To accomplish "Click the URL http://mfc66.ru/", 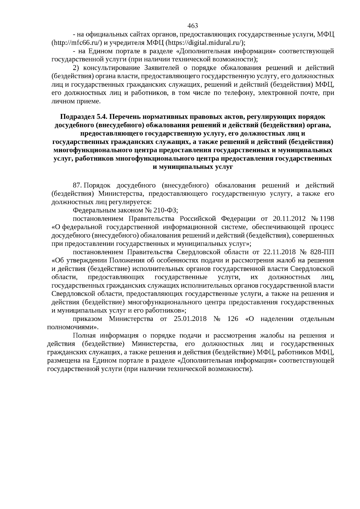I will click(x=77, y=42).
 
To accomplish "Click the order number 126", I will click(x=233, y=319).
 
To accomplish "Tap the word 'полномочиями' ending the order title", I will click(x=72, y=327).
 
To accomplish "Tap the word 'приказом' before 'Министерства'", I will click(x=87, y=319).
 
